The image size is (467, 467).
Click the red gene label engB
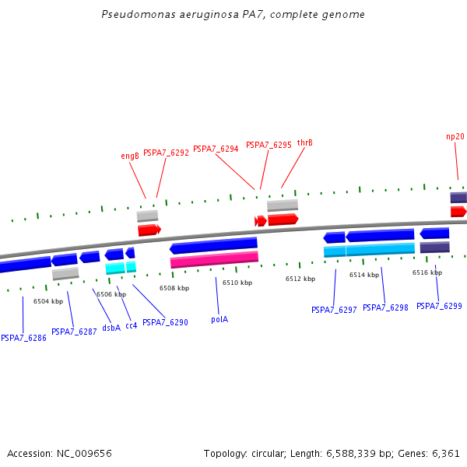[130, 156]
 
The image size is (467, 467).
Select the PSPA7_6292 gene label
[166, 153]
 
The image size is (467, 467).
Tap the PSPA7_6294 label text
[216, 149]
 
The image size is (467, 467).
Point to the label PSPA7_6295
[269, 145]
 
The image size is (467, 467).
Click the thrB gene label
[304, 142]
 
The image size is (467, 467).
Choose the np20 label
[455, 136]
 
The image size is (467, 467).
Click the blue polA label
[219, 319]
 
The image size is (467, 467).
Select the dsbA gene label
[111, 328]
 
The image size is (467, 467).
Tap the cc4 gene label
[131, 325]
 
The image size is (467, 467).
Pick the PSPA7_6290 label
[165, 322]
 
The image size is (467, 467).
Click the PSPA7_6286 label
[23, 338]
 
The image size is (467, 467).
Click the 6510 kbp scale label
[237, 283]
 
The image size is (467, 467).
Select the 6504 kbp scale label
[47, 300]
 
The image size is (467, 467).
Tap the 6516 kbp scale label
[427, 272]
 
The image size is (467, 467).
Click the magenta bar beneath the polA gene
[214, 259]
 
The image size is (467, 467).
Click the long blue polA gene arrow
[213, 246]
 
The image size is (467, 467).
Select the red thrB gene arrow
[283, 219]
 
